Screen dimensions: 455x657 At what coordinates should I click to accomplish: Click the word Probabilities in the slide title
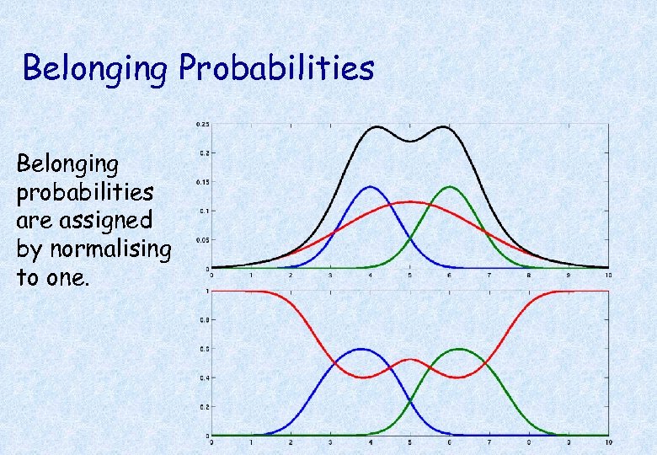[x=275, y=68]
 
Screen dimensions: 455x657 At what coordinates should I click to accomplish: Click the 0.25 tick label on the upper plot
[x=202, y=124]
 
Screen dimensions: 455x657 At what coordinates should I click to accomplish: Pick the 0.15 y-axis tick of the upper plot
[x=202, y=182]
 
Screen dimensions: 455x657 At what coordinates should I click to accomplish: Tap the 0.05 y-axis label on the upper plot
[x=202, y=240]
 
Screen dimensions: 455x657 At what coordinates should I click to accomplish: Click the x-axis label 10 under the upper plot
[x=607, y=276]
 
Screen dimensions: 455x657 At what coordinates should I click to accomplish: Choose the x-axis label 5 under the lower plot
[x=409, y=442]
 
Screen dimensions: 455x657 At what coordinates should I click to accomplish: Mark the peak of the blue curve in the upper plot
[x=371, y=187]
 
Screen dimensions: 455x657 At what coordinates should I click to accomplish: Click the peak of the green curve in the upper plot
[x=450, y=187]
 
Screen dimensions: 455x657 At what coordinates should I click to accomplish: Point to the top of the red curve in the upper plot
[x=410, y=202]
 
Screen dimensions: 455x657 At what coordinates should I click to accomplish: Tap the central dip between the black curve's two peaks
[x=410, y=142]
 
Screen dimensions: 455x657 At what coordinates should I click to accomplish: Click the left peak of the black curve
[x=377, y=127]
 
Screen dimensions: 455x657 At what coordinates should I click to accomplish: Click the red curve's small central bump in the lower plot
[x=410, y=360]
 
